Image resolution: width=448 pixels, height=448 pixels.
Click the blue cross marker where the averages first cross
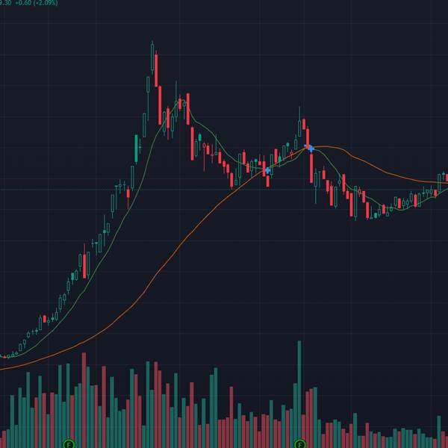point(267,171)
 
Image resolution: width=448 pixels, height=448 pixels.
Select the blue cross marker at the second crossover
point(309,149)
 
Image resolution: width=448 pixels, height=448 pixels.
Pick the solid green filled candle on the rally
point(136,147)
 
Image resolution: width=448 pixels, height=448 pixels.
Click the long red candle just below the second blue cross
point(311,168)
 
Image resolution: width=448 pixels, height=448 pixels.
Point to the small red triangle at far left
point(7,357)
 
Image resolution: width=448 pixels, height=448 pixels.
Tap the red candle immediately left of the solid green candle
point(128,197)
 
